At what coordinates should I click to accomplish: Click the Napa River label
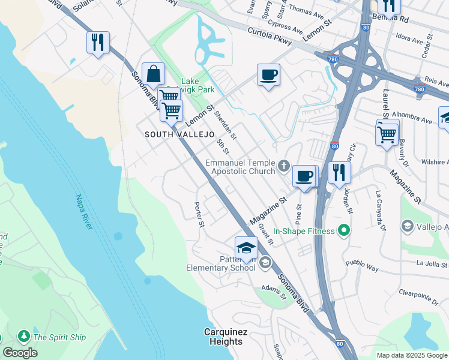point(83,212)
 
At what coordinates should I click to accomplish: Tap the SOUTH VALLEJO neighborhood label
point(179,135)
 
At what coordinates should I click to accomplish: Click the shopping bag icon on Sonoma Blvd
point(154,74)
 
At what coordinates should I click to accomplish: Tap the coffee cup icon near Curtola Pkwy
point(268,75)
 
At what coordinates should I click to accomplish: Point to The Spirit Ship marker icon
point(24,337)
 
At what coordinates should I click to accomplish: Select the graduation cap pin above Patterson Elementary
point(246,248)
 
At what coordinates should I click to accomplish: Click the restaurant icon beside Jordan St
point(339,172)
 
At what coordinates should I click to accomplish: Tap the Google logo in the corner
point(20,353)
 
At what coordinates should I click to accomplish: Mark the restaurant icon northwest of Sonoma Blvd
point(98,43)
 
